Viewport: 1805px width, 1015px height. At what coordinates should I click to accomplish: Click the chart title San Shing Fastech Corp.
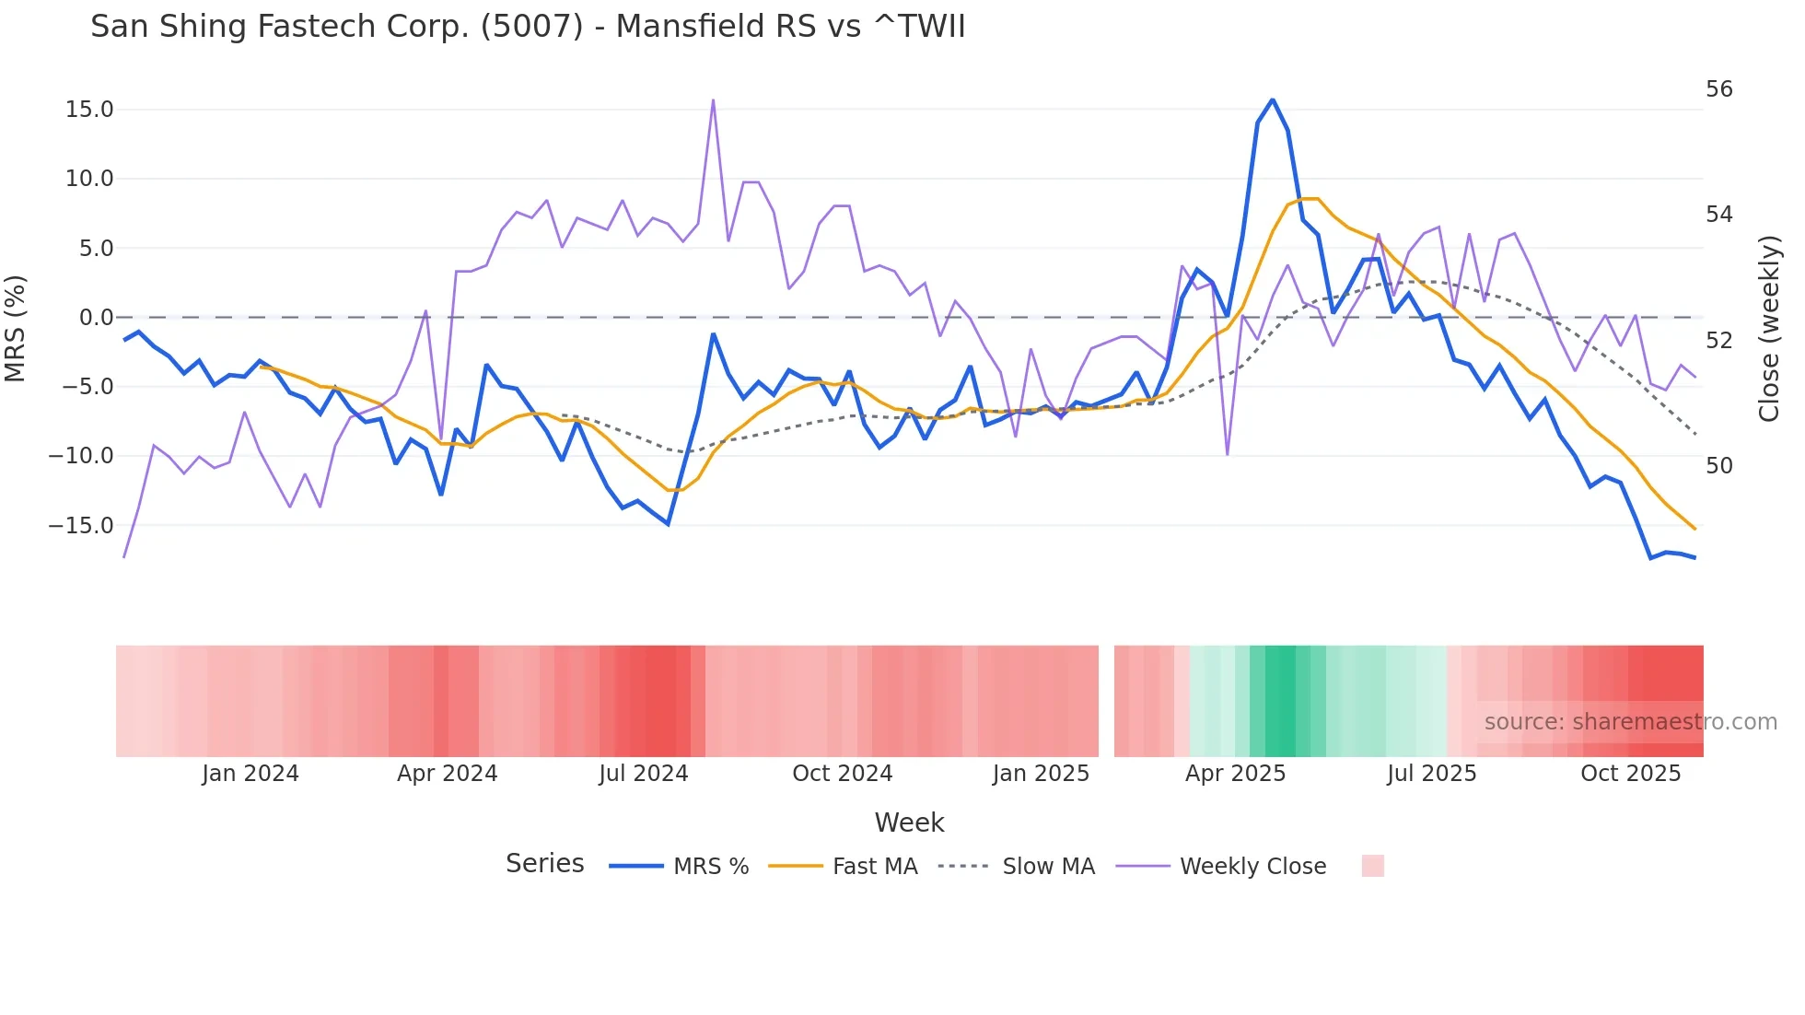[528, 27]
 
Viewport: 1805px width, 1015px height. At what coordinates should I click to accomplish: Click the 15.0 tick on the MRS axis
[89, 110]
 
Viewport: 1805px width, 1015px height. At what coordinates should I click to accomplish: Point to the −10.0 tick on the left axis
[81, 456]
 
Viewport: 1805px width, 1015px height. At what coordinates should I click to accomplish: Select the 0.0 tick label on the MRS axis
[96, 318]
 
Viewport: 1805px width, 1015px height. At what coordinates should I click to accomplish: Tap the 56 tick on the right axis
[1718, 89]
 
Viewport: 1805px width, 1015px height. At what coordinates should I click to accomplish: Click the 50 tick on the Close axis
[1718, 466]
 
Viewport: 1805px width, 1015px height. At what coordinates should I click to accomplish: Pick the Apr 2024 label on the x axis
[447, 774]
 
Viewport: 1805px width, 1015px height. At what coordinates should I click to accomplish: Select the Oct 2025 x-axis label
[1630, 774]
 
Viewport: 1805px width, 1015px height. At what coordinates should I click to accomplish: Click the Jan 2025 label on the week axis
[1041, 774]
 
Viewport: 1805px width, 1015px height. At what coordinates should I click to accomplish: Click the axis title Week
[909, 822]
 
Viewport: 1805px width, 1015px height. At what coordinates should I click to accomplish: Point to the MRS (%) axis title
[16, 329]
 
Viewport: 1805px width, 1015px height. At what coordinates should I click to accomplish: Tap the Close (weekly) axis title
[1769, 329]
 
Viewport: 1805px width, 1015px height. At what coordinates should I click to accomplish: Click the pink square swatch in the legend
[1372, 866]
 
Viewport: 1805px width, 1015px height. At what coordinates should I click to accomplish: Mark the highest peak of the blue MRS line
[1273, 99]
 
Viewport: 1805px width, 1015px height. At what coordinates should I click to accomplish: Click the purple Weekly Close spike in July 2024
[713, 100]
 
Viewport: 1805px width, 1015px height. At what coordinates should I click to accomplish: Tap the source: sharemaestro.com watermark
[1630, 722]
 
